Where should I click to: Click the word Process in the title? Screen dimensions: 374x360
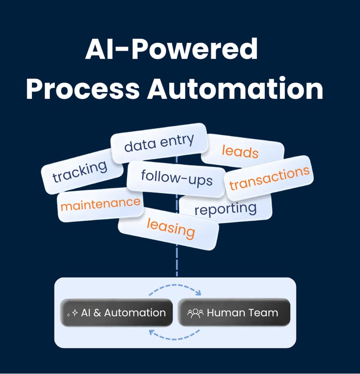point(82,89)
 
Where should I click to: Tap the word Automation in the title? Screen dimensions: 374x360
point(235,89)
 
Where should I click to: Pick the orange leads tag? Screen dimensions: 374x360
point(240,151)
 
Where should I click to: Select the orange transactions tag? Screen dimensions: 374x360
point(269,177)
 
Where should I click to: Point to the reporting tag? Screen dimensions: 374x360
point(225,208)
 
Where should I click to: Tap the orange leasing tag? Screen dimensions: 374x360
point(171,228)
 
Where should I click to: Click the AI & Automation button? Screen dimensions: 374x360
point(117,313)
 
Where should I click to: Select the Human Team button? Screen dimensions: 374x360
point(233,313)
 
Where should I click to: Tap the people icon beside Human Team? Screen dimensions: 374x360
point(195,313)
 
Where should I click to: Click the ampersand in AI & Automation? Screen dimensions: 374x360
point(97,313)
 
